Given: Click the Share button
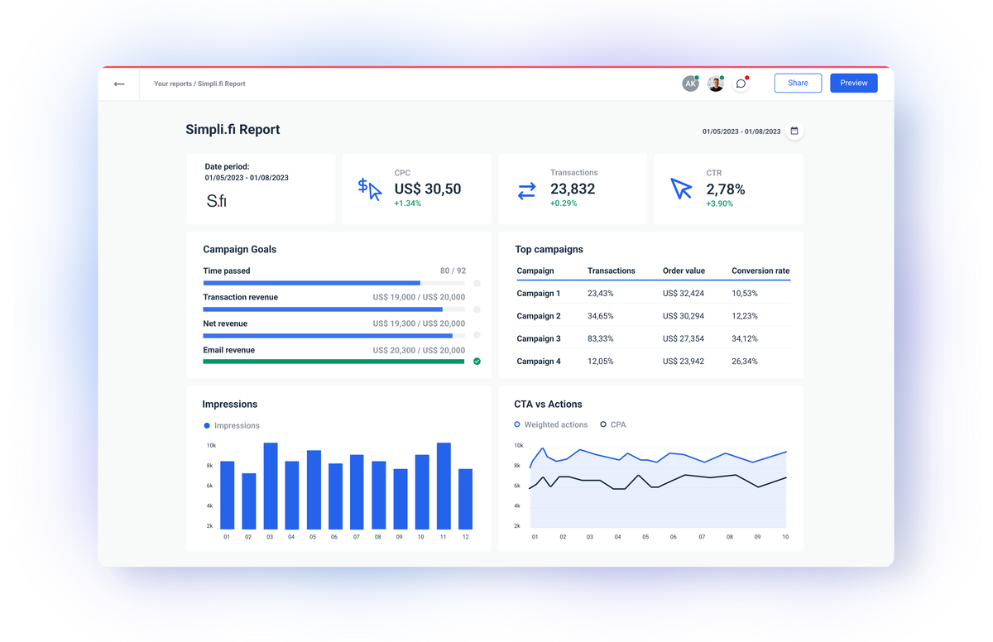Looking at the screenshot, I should [x=798, y=83].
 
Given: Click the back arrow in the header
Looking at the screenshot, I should [x=119, y=84].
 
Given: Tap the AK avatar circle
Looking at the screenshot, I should [x=690, y=84].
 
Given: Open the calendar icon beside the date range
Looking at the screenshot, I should [x=794, y=131].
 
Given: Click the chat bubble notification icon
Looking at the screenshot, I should [x=741, y=84].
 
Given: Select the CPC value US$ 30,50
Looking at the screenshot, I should [x=427, y=189].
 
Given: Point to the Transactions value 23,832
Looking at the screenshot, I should [x=573, y=189].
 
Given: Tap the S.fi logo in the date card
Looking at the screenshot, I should [x=216, y=200].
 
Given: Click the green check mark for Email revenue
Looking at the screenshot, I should [x=477, y=362].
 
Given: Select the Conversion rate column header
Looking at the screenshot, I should [x=760, y=271].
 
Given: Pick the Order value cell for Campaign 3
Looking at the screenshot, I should [x=684, y=338].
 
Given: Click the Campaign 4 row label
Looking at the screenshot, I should [x=539, y=362].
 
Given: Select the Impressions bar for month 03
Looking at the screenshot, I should [x=270, y=486].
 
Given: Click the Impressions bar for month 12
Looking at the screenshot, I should [x=465, y=499].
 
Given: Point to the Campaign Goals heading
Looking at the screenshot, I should [x=240, y=249].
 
